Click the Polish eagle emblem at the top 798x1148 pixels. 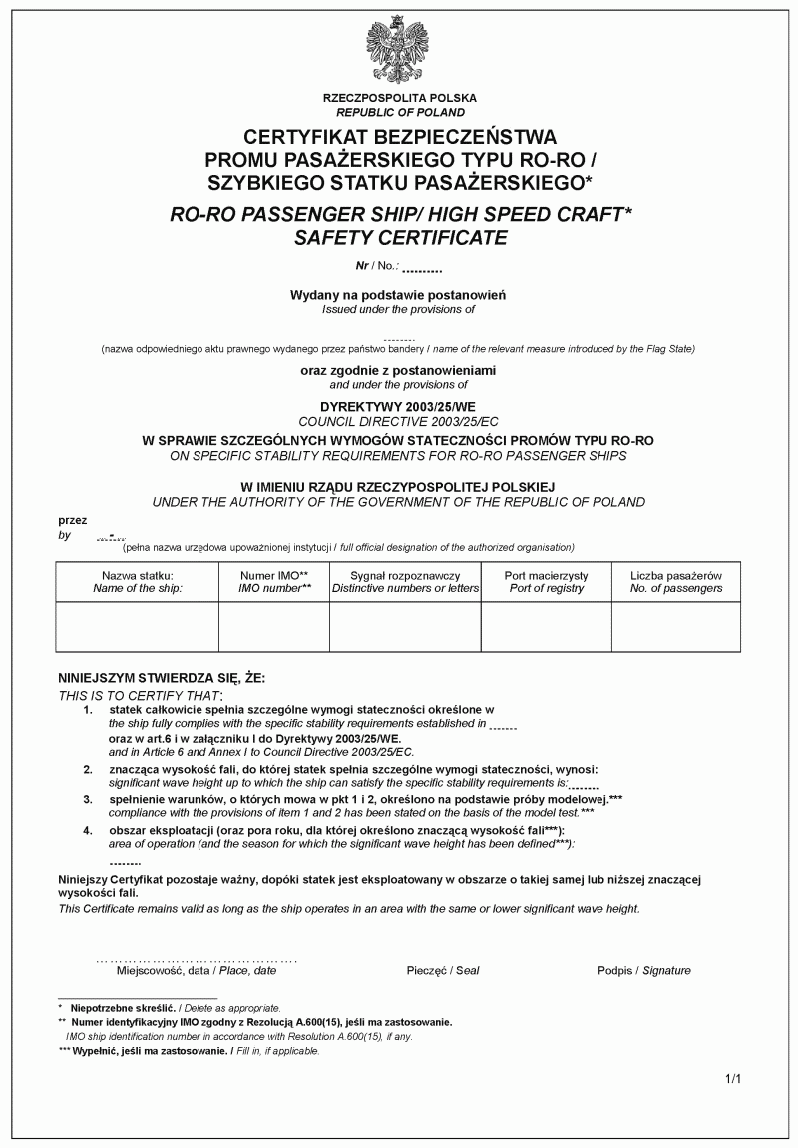pos(400,50)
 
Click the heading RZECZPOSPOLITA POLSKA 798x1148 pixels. pos(400,98)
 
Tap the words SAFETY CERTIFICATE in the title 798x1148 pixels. pos(400,238)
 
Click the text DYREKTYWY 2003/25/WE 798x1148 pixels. pos(398,408)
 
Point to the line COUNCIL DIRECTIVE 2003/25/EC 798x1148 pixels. pos(398,423)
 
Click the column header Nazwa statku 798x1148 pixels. pos(138,576)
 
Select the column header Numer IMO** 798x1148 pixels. pos(274,576)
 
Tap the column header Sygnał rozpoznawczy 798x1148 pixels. pos(405,576)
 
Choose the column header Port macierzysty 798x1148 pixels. pos(547,576)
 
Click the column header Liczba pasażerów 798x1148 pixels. pos(676,576)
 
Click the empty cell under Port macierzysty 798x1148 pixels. pos(547,627)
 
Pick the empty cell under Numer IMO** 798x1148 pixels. pos(274,627)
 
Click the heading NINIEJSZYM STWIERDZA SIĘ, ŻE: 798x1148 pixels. pos(162,677)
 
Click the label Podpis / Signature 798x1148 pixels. pos(644,970)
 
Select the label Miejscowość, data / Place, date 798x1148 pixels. pos(197,970)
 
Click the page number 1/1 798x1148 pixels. pos(733,1078)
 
